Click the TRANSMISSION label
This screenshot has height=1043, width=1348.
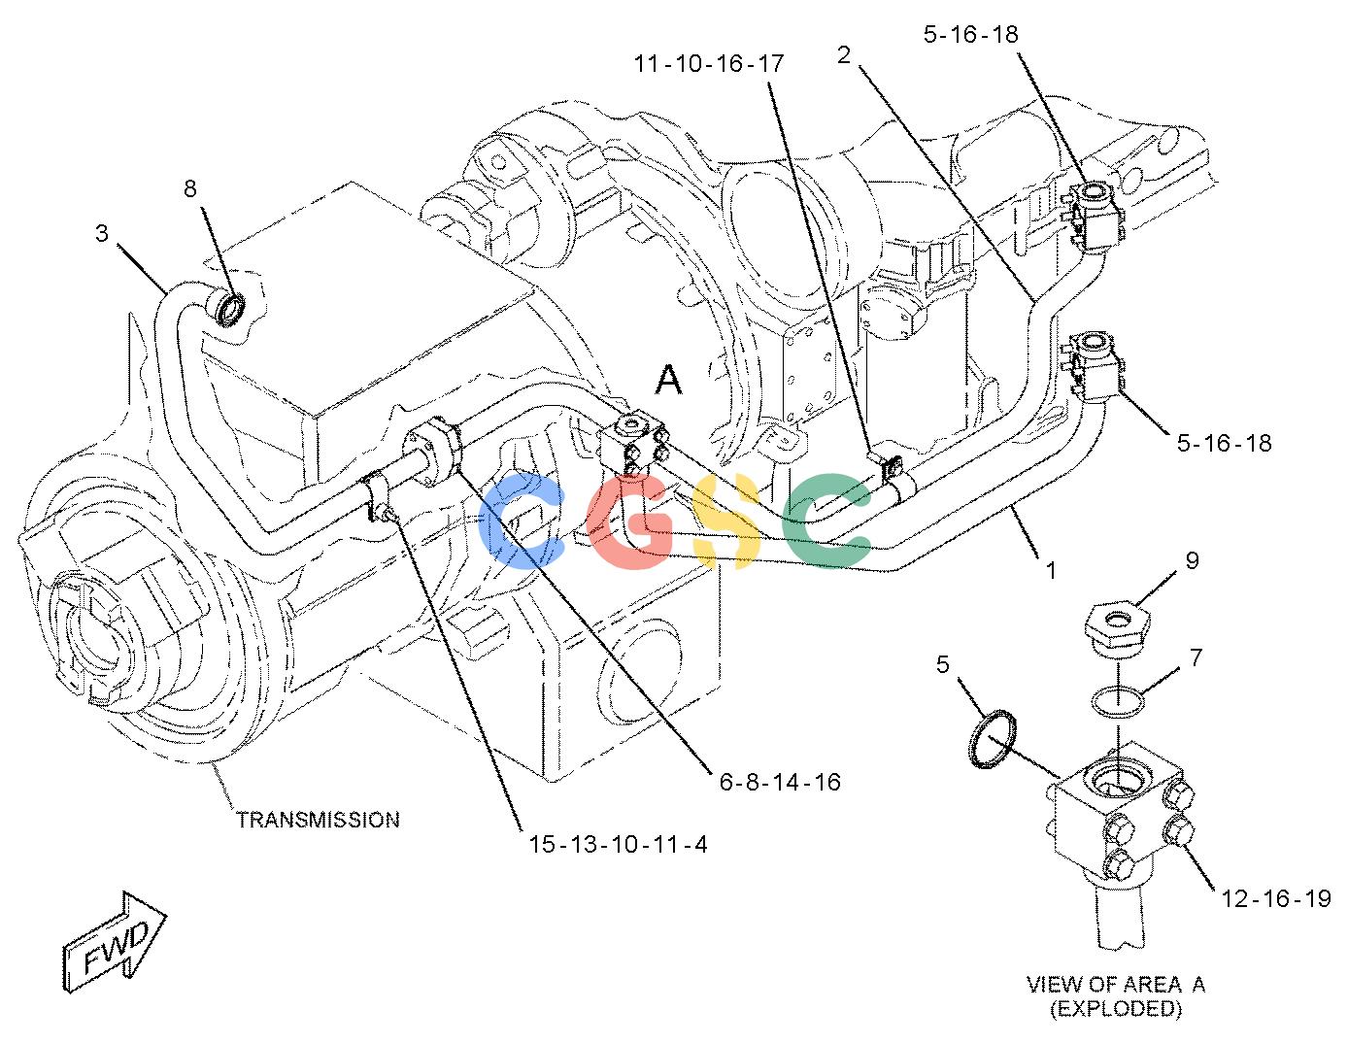319,820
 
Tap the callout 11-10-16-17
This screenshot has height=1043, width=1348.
709,63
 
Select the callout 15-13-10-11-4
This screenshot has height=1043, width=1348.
618,844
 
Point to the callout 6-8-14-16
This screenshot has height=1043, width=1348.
780,782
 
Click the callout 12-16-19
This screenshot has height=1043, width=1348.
1276,898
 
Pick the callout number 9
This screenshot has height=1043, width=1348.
1192,560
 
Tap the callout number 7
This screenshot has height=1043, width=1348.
1196,657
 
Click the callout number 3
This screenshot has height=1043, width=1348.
102,233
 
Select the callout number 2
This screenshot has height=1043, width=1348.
844,55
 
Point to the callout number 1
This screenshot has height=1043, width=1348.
1051,570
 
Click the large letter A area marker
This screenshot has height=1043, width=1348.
668,380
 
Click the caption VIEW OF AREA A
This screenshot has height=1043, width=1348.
1115,984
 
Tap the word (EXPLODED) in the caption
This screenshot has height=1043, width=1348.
1115,1009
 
